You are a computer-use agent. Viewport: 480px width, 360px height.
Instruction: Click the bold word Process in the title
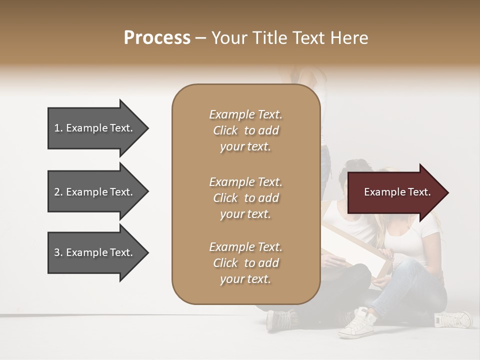click(x=157, y=38)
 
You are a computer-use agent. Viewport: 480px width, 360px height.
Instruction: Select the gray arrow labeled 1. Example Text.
click(x=95, y=128)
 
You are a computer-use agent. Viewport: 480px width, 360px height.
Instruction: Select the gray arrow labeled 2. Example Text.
click(x=95, y=192)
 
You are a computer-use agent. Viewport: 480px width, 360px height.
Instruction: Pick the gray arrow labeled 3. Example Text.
click(x=95, y=252)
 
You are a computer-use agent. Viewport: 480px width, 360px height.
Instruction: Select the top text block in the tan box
click(x=245, y=130)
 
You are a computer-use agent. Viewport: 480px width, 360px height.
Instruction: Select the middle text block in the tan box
click(x=245, y=198)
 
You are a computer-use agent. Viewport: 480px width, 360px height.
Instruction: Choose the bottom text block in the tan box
click(x=245, y=263)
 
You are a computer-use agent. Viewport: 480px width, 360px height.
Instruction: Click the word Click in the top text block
click(x=225, y=130)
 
